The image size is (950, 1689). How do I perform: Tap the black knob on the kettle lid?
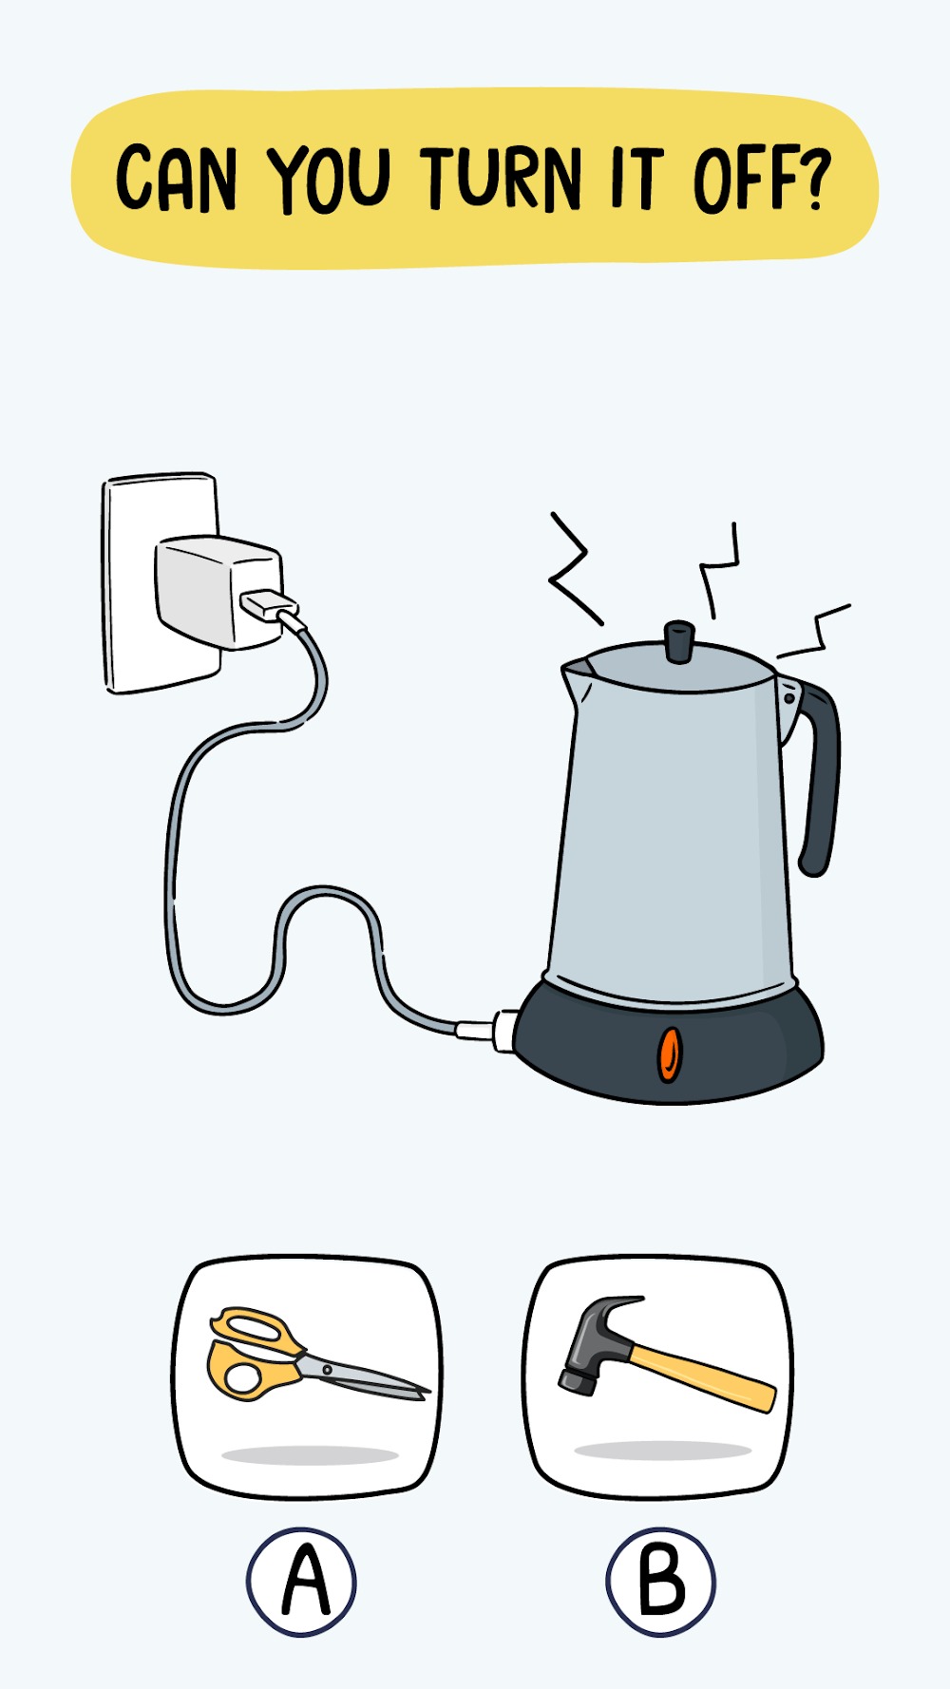[x=678, y=641]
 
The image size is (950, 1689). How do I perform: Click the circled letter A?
[x=302, y=1582]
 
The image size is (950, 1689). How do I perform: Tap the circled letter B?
[x=661, y=1582]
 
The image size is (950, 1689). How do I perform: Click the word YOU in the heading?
[x=329, y=179]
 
